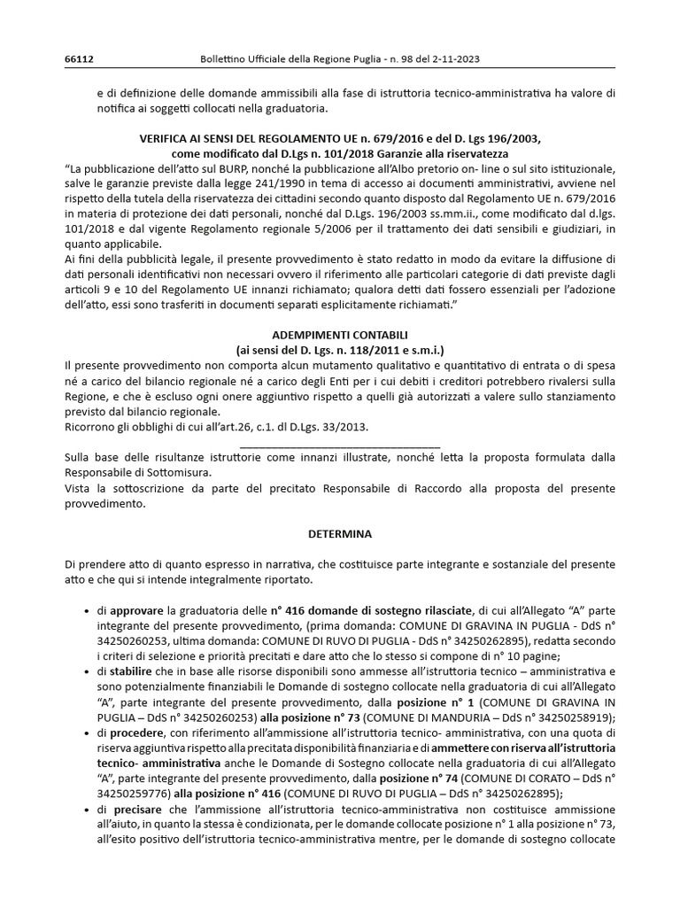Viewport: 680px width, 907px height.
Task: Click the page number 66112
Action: pyautogui.click(x=79, y=60)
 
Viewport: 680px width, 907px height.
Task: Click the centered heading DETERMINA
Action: pyautogui.click(x=341, y=534)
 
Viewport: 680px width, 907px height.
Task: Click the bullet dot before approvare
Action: pyautogui.click(x=85, y=611)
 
